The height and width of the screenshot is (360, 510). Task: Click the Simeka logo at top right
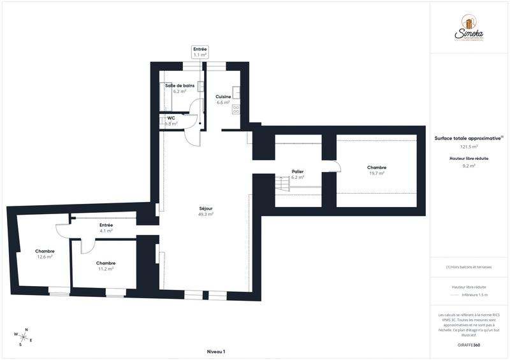click(470, 29)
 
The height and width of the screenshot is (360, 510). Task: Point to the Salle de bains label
click(180, 85)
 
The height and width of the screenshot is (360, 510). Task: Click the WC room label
click(171, 118)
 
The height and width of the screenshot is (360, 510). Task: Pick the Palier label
click(297, 171)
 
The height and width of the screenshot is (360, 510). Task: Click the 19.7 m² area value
click(377, 173)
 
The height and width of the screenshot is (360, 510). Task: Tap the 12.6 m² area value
click(45, 257)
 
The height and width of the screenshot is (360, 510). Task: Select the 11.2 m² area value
click(106, 269)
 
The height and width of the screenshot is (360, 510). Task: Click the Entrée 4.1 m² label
click(106, 227)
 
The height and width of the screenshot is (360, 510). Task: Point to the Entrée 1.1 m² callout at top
click(200, 52)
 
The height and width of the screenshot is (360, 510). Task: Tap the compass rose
click(23, 335)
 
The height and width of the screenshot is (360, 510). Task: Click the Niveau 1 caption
click(216, 352)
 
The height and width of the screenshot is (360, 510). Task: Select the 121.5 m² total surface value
click(469, 146)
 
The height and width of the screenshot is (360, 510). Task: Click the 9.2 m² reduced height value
click(469, 166)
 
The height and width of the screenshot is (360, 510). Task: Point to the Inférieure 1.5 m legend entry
click(474, 295)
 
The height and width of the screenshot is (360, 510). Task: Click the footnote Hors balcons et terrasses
click(469, 267)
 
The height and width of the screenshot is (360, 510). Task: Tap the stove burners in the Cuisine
click(236, 108)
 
